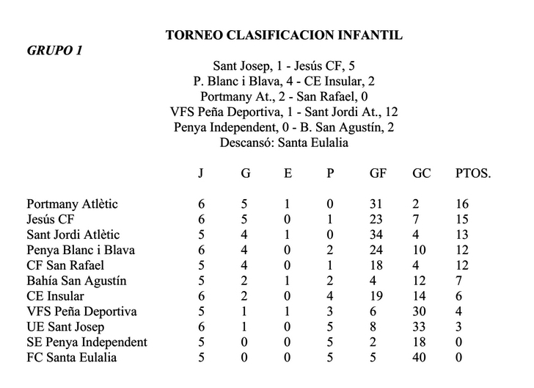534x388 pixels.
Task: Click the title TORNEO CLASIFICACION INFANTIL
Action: click(x=284, y=35)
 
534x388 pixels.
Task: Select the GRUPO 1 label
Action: click(x=55, y=51)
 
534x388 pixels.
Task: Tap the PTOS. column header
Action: click(x=472, y=173)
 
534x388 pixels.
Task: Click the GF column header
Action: click(x=379, y=173)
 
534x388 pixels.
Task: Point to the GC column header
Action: click(x=421, y=173)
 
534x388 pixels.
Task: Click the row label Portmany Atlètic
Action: click(x=72, y=204)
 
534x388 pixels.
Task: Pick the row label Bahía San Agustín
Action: click(x=76, y=281)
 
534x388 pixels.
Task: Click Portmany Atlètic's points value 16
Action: click(x=461, y=204)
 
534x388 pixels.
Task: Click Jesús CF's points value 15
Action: click(x=461, y=220)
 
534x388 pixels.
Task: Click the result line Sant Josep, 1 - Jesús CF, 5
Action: click(x=284, y=66)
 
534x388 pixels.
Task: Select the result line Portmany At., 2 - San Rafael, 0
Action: click(x=284, y=96)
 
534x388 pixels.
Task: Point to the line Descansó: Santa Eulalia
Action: click(x=284, y=143)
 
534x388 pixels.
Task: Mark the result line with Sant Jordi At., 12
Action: click(x=284, y=112)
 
